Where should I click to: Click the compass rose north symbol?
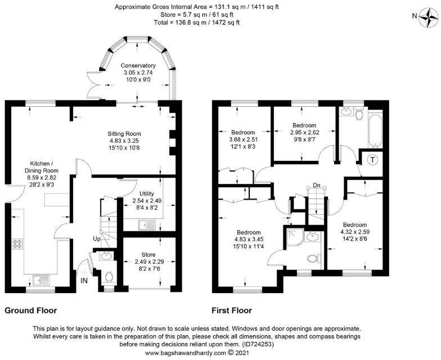[x=429, y=18]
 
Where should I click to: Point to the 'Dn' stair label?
[x=317, y=184]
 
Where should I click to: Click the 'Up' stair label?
[x=97, y=239]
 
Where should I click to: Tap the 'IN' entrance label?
[x=84, y=280]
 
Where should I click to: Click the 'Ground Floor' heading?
[x=31, y=310]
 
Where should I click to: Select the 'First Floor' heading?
[x=232, y=310]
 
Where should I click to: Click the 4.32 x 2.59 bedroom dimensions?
[x=354, y=231]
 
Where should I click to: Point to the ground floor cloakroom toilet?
[x=109, y=277]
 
